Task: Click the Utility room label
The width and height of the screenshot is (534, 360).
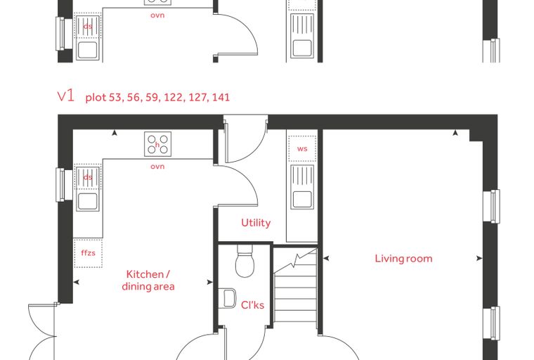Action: click(256, 223)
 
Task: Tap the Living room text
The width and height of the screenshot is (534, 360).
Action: click(403, 259)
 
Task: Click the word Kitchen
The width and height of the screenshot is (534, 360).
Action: click(145, 274)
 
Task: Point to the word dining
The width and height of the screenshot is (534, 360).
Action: click(135, 286)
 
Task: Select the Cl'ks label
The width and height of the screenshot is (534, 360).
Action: click(252, 304)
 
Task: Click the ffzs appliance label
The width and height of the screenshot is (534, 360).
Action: click(88, 252)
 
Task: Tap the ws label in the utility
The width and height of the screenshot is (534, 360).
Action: click(302, 148)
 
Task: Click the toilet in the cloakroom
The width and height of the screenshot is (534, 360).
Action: click(245, 262)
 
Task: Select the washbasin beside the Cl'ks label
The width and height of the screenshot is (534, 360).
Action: click(229, 299)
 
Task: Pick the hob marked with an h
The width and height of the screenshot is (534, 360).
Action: click(157, 144)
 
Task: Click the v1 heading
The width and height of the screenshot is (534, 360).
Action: click(66, 96)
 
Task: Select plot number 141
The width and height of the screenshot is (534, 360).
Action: click(221, 97)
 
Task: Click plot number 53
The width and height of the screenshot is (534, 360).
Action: click(115, 97)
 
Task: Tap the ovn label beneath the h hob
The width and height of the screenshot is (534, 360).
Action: click(157, 167)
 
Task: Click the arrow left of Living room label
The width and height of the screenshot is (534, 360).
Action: click(326, 259)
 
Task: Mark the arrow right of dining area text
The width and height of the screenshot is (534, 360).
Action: click(210, 282)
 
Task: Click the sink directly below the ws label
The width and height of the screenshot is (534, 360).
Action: click(302, 187)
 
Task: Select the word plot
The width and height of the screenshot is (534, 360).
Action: click(96, 98)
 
